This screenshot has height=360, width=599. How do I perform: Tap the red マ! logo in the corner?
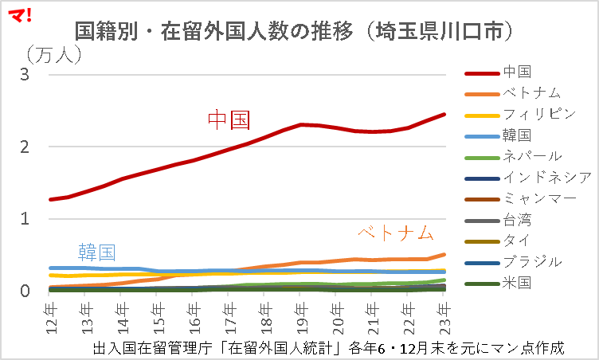[18, 14]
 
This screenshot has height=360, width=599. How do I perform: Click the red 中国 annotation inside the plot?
[229, 120]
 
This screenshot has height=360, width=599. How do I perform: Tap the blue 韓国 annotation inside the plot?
[96, 252]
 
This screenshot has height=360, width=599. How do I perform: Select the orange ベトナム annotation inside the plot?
[395, 233]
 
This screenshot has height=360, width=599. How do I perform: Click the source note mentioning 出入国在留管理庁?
[328, 348]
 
